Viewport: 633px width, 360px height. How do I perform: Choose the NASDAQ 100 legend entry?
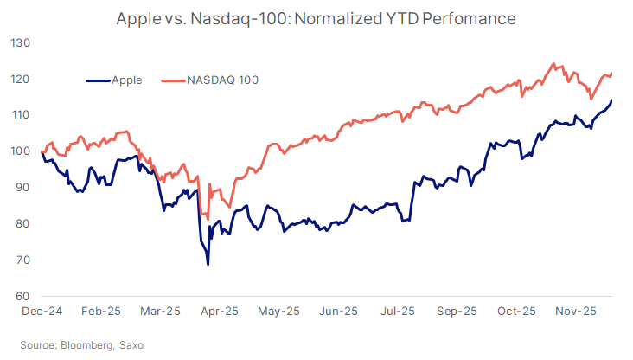coord(222,80)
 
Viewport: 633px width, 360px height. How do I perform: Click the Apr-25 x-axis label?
coord(220,311)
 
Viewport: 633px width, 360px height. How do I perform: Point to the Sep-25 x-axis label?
coord(457,311)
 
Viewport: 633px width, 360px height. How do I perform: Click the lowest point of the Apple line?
coord(208,264)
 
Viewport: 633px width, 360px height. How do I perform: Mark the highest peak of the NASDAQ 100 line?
coord(553,64)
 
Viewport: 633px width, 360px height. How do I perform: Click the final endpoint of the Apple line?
coord(612,100)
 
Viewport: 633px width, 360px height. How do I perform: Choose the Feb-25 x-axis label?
coord(100,311)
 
